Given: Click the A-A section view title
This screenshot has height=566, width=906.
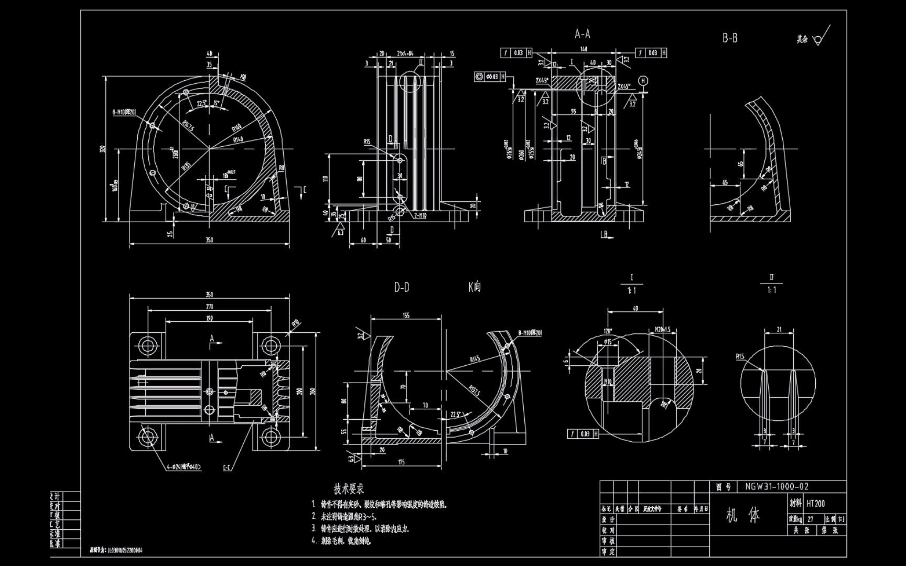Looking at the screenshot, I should tap(583, 34).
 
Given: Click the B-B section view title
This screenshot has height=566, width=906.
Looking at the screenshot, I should tap(730, 38).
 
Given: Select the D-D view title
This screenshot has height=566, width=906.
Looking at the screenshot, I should tap(402, 287).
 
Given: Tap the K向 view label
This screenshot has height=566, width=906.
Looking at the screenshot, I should tap(474, 287).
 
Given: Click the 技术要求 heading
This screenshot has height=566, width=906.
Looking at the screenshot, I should tap(349, 489).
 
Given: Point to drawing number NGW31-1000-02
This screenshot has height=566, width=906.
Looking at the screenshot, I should tap(776, 487).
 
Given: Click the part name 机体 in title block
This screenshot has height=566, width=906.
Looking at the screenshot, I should tap(743, 516).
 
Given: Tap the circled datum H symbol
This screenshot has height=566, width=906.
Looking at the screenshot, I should tap(643, 80).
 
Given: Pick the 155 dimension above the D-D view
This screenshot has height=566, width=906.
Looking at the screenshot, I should tap(406, 315).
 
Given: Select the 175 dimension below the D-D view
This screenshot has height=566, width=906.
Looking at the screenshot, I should tap(401, 462).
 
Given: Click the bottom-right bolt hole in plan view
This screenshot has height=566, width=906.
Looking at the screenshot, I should tap(271, 436).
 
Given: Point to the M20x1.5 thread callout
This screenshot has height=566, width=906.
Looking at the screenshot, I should tap(663, 330).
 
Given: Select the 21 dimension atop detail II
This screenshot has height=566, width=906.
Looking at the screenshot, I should tap(779, 329).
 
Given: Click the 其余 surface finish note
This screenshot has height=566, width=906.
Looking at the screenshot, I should tap(802, 39).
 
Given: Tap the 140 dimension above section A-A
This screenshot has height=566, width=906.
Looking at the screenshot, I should tap(583, 49).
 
